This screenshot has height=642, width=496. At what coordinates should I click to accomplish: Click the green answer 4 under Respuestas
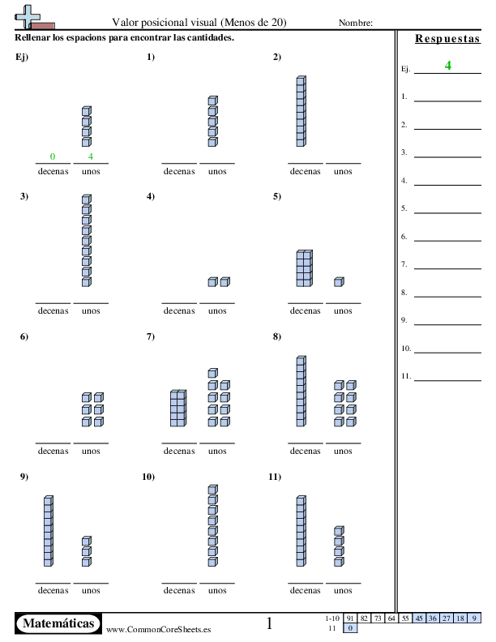[447, 66]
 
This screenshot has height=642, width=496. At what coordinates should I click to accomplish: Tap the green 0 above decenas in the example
[53, 156]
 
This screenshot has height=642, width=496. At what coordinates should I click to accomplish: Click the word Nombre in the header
[355, 23]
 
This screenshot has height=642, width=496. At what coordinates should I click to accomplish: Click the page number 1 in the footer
[269, 623]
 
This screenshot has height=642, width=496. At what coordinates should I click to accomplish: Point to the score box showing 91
[351, 618]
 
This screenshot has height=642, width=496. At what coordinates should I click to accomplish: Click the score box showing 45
[419, 618]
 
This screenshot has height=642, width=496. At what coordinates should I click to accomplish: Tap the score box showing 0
[351, 628]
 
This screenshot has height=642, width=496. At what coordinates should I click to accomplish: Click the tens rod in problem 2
[301, 112]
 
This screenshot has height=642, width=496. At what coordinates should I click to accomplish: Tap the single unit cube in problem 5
[339, 282]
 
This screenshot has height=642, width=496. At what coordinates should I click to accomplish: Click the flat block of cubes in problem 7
[178, 408]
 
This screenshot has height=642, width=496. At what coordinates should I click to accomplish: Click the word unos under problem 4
[217, 310]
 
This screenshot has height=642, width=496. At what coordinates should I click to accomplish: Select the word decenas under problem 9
[53, 590]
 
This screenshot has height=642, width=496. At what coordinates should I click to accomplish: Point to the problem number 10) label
[148, 477]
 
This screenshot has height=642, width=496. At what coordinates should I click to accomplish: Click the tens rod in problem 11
[301, 531]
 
